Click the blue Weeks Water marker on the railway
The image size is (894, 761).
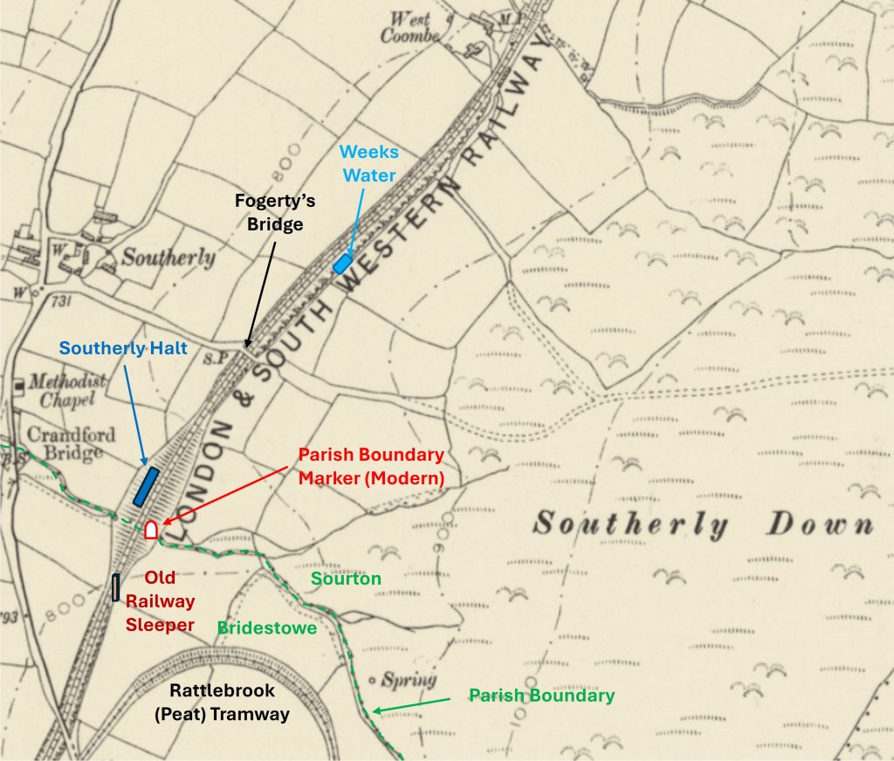point(342,264)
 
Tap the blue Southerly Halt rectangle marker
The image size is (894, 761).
point(146,486)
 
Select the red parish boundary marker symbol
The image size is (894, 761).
point(151,529)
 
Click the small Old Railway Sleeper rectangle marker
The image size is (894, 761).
point(115,587)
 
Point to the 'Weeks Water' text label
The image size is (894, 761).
point(369,164)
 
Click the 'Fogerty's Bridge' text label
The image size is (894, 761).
point(275,212)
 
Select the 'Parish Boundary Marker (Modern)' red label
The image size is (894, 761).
point(371,467)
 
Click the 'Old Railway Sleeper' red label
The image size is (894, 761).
point(162,601)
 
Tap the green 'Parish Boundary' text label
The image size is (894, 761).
point(541,696)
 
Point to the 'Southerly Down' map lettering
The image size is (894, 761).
point(703,524)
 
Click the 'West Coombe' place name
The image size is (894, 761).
point(412,27)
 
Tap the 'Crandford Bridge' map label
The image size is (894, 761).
point(65,442)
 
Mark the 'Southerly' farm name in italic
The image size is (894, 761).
point(168,257)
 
